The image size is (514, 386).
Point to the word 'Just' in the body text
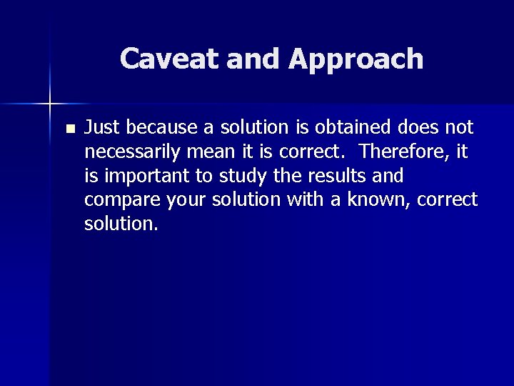[x=100, y=128]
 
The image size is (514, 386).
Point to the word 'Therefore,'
[x=410, y=152]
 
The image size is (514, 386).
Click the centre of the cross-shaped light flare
[x=50, y=104]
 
